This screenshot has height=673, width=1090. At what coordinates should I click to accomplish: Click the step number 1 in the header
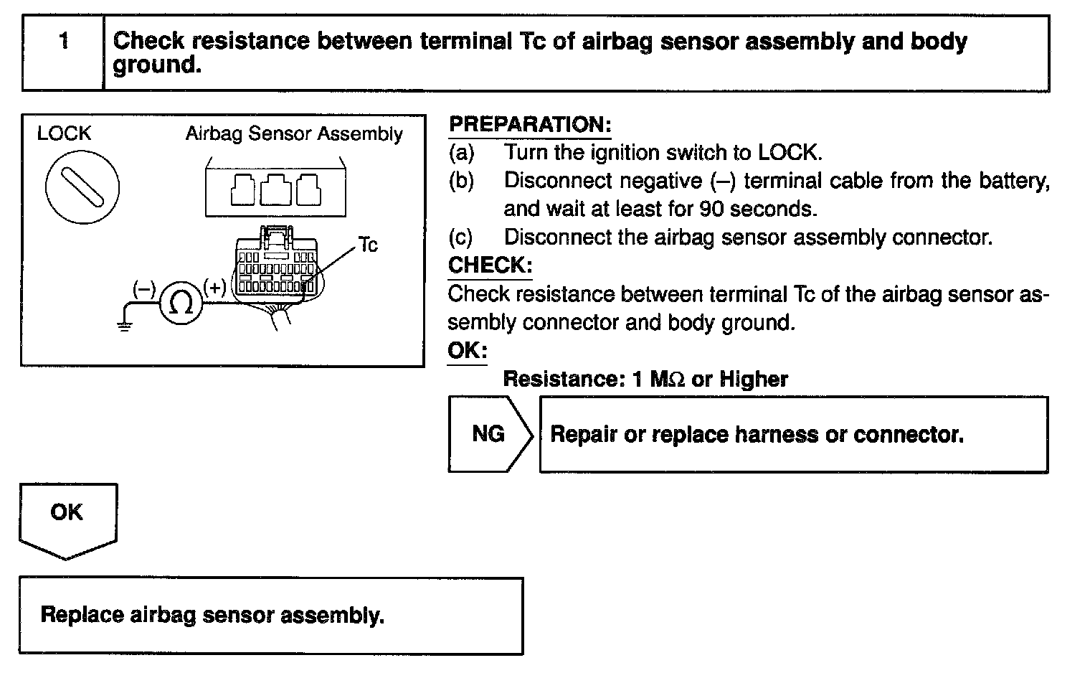pyautogui.click(x=64, y=42)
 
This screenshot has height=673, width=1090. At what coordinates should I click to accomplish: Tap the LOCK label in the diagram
pyautogui.click(x=64, y=133)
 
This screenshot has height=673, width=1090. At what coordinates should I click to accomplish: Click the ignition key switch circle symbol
pyautogui.click(x=82, y=187)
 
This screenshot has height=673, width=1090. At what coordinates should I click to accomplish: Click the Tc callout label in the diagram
pyautogui.click(x=368, y=245)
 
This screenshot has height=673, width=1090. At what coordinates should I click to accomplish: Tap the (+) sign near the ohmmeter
pyautogui.click(x=214, y=288)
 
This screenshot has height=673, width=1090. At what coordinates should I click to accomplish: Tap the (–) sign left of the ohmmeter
pyautogui.click(x=144, y=288)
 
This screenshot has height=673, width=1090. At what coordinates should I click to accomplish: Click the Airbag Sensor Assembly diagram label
pyautogui.click(x=294, y=134)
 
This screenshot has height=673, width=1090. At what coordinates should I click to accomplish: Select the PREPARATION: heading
pyautogui.click(x=529, y=124)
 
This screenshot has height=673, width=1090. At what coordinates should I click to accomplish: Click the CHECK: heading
pyautogui.click(x=490, y=265)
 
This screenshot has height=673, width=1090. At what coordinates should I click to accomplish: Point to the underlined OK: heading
pyautogui.click(x=467, y=351)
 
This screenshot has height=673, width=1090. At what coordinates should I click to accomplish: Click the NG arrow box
pyautogui.click(x=489, y=434)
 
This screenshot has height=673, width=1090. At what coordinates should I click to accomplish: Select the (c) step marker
pyautogui.click(x=461, y=237)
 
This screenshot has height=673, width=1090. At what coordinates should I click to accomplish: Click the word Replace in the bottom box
pyautogui.click(x=82, y=616)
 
